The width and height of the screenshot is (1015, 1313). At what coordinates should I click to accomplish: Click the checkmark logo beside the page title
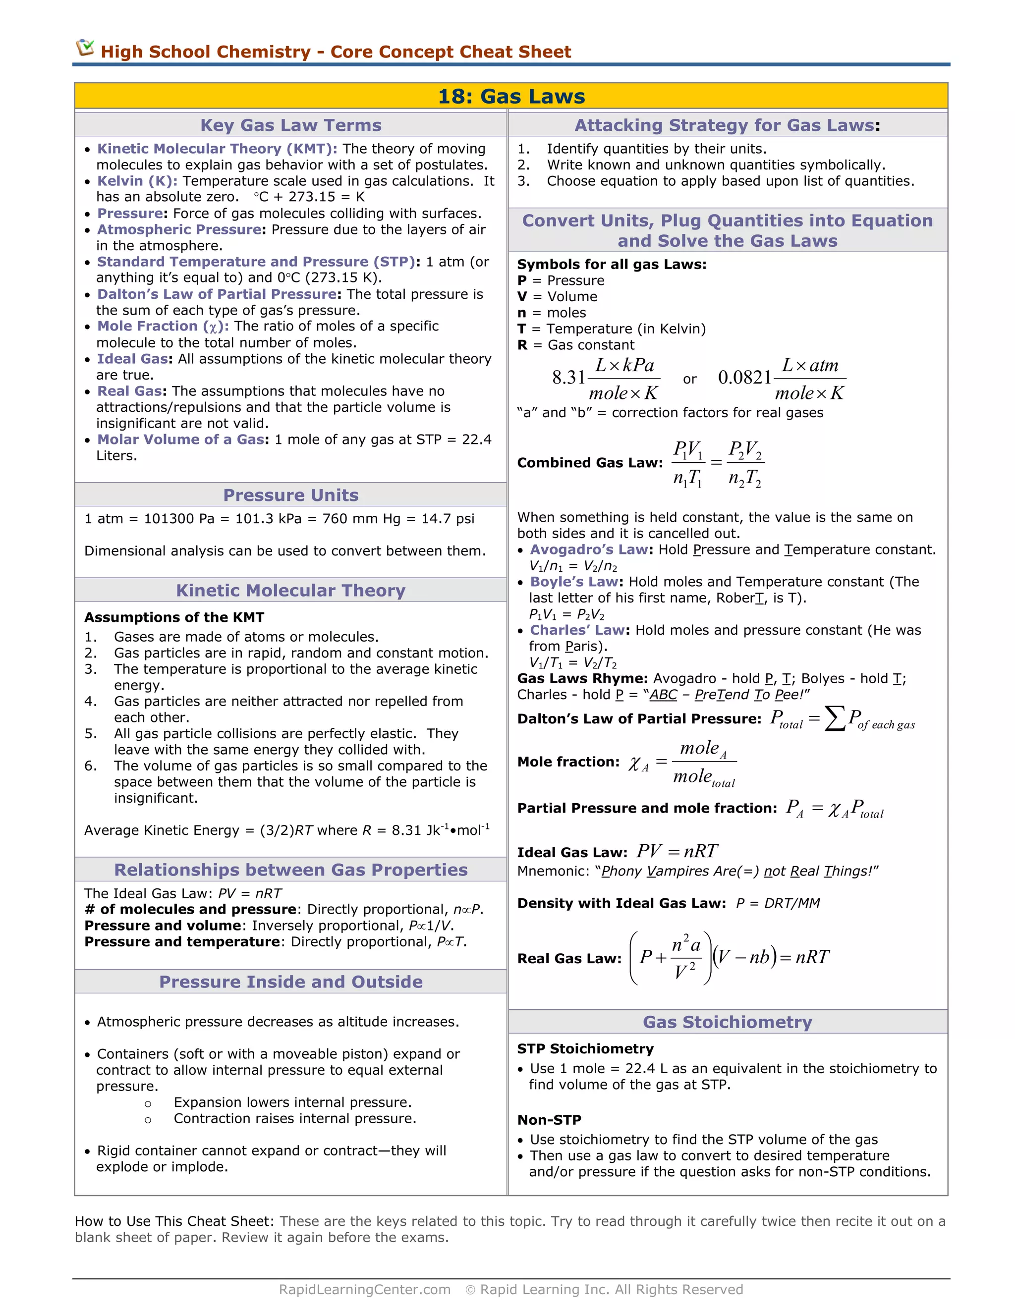(x=85, y=48)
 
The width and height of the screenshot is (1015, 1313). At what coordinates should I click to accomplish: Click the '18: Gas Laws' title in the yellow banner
(x=511, y=96)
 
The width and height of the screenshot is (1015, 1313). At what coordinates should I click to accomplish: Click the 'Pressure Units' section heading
(x=290, y=495)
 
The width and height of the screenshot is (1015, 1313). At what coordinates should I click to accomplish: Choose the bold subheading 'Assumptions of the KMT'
(x=174, y=617)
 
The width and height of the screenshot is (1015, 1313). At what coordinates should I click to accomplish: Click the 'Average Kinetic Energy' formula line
(x=286, y=830)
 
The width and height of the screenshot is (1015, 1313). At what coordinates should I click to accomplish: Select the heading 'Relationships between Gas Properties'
(x=290, y=870)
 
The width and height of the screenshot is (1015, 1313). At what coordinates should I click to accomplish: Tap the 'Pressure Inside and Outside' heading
(x=290, y=982)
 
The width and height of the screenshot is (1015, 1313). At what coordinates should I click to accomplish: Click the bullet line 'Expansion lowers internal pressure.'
(x=292, y=1102)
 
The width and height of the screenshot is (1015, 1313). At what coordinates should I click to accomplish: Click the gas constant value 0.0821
(x=744, y=378)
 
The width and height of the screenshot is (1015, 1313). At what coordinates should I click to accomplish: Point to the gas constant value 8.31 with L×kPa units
(x=568, y=378)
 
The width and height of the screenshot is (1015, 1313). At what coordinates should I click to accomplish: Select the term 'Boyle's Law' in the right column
(x=573, y=582)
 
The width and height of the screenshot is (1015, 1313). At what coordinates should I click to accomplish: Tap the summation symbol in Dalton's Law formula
(x=834, y=718)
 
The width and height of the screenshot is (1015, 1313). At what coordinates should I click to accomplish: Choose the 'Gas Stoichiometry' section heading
(x=727, y=1022)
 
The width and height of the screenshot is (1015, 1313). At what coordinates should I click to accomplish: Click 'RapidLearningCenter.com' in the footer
(x=364, y=1290)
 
